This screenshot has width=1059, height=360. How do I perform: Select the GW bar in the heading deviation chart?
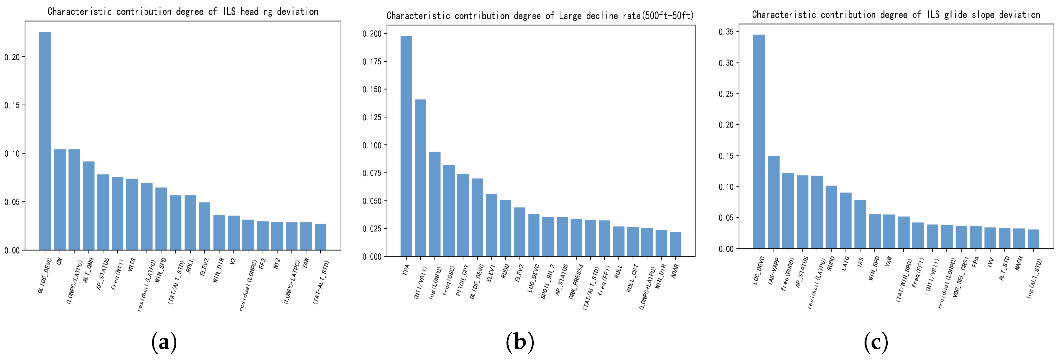pyautogui.click(x=60, y=199)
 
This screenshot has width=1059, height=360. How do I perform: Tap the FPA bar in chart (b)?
pyautogui.click(x=406, y=146)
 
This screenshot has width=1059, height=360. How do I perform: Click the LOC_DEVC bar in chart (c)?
pyautogui.click(x=759, y=141)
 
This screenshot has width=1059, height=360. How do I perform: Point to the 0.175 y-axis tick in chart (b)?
pyautogui.click(x=372, y=62)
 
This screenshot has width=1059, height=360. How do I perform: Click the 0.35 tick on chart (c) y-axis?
pyautogui.click(x=726, y=32)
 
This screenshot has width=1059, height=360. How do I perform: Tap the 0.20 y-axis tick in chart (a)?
pyautogui.click(x=12, y=57)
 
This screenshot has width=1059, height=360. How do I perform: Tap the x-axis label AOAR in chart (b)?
pyautogui.click(x=675, y=271)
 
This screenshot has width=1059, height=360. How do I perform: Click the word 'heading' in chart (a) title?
pyautogui.click(x=256, y=11)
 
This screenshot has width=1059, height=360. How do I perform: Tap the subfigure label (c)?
pyautogui.click(x=876, y=342)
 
